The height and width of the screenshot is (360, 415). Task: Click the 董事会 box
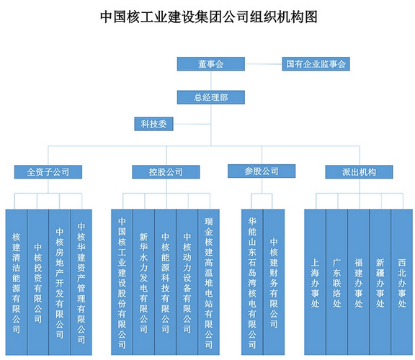[x=210, y=64]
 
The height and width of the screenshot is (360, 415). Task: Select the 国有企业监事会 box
[x=316, y=64]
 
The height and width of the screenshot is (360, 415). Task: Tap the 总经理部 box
[x=210, y=97]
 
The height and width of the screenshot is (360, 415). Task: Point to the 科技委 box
[x=153, y=124]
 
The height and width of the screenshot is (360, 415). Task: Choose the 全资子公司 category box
[x=48, y=172]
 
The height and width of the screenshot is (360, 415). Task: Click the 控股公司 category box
[x=166, y=172]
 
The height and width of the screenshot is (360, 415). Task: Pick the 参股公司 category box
[x=262, y=171]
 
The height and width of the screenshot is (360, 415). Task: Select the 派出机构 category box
[x=359, y=172]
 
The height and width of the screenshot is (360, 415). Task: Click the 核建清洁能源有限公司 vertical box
[x=16, y=282]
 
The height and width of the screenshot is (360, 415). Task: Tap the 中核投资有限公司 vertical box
[x=38, y=282]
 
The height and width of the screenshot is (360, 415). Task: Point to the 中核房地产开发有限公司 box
[x=60, y=282]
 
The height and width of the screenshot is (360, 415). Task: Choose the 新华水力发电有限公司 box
[x=143, y=282]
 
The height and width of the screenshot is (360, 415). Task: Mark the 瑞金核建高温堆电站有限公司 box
[x=208, y=282]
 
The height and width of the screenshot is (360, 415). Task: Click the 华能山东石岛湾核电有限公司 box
[x=252, y=282]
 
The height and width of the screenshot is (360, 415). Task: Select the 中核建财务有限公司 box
[x=274, y=282]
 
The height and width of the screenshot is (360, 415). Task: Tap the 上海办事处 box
[x=316, y=282]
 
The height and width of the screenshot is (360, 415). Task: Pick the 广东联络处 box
[x=337, y=282]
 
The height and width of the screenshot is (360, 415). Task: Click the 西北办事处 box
[x=402, y=282]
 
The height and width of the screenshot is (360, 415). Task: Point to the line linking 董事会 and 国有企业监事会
[x=264, y=64]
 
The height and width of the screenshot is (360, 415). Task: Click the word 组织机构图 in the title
[x=283, y=17]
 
